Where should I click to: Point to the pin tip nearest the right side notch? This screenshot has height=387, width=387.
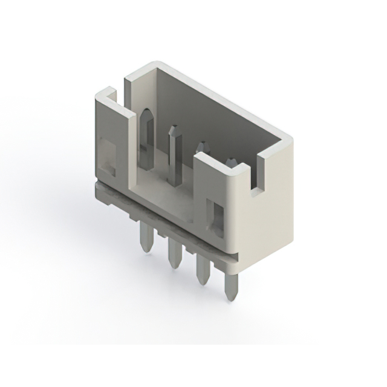click(230, 162)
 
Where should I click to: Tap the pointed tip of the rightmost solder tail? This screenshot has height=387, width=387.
click(230, 298)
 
